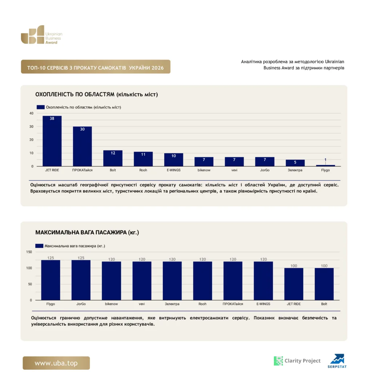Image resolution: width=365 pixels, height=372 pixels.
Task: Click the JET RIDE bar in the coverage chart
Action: click(52, 141)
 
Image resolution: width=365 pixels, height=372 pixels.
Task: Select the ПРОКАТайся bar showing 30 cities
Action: click(82, 146)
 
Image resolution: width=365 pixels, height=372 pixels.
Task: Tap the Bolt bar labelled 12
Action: click(113, 158)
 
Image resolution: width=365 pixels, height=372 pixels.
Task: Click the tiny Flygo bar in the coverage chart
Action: click(325, 166)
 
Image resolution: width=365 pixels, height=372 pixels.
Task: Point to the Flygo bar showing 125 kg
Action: click(51, 280)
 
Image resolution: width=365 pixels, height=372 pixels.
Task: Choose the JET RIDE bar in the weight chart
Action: click(294, 284)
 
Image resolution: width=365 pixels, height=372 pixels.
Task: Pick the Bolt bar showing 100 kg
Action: click(324, 284)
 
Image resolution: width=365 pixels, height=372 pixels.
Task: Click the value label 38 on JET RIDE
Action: click(52, 118)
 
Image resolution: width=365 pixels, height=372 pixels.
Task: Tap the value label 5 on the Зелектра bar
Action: click(295, 162)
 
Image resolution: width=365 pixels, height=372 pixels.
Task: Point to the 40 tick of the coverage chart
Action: click(31, 113)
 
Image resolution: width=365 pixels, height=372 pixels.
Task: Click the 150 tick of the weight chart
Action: click(29, 252)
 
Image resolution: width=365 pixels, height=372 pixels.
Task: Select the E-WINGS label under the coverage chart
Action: click(174, 170)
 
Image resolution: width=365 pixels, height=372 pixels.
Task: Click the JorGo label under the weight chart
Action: click(81, 304)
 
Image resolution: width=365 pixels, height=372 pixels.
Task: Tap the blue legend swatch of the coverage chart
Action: click(41, 107)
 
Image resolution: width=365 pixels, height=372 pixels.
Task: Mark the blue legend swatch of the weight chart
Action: click(39, 246)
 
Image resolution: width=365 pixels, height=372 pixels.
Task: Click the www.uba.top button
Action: click(56, 363)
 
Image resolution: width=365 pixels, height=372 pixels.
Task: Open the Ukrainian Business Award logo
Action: click(41, 35)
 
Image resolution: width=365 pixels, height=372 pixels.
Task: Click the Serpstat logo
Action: click(337, 361)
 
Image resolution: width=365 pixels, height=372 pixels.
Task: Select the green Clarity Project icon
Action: click(278, 361)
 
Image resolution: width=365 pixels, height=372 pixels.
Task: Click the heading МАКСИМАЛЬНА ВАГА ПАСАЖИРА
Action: click(81, 232)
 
